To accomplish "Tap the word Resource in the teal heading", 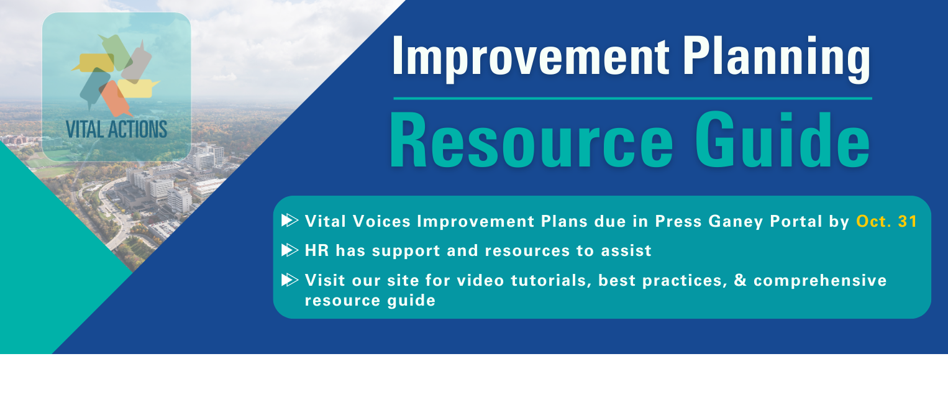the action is tap(531, 140).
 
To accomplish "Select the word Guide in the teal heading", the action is tap(783, 140).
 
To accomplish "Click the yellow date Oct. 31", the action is tap(886, 221).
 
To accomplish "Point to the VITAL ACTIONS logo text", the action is tap(116, 129).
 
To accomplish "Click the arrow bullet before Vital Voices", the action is tap(290, 221).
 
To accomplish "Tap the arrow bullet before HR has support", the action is tap(290, 250).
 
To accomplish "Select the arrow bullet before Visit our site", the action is tap(290, 280).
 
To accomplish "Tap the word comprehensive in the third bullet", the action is tap(820, 281).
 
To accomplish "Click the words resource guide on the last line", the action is tap(370, 301).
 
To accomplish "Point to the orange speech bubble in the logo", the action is tap(115, 99).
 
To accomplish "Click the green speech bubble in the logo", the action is tap(114, 51).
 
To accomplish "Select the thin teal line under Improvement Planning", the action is tap(632, 99).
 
